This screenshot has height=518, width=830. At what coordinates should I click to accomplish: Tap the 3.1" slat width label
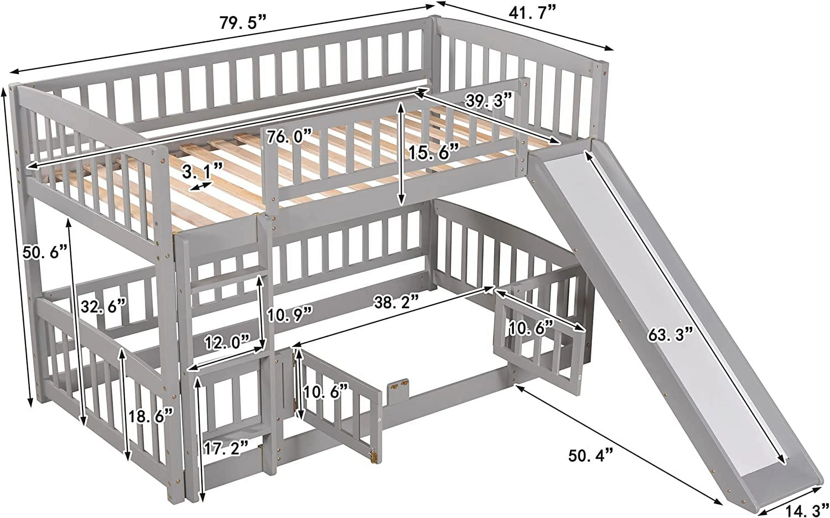click(x=202, y=171)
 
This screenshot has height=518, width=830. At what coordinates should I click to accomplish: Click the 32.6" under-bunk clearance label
click(x=104, y=306)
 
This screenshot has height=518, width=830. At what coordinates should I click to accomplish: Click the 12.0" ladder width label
click(x=227, y=342)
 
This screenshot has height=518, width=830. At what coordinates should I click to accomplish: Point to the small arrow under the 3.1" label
click(x=201, y=186)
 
